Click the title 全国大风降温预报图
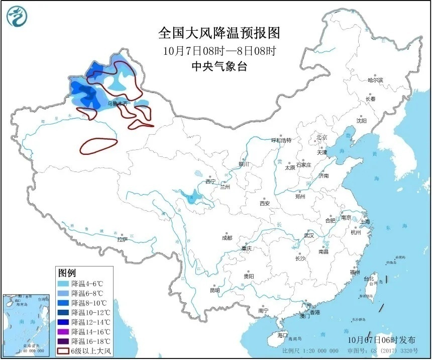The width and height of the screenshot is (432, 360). [x=219, y=33]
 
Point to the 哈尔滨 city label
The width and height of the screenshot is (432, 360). [x=375, y=80]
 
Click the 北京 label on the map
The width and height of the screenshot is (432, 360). [x=321, y=137]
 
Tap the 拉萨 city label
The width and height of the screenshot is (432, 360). [x=123, y=240]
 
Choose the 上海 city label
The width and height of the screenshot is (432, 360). [x=364, y=221]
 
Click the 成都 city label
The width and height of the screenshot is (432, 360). [x=227, y=238]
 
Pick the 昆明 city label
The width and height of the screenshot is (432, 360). [x=214, y=290]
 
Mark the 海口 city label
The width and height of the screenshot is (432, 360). [x=282, y=335]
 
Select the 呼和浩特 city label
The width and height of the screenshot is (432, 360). [x=281, y=140]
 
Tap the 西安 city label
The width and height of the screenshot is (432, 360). [x=265, y=204]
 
